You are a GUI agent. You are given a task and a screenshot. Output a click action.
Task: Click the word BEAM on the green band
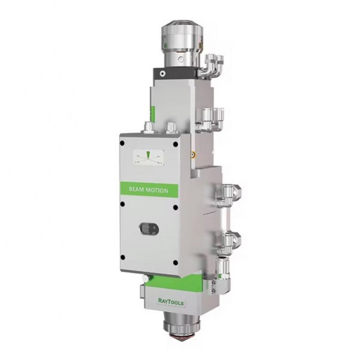tap(136, 189)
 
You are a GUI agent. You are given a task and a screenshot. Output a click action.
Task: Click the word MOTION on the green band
tap(157, 190)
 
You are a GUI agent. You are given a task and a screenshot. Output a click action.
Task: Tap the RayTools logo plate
tap(171, 301)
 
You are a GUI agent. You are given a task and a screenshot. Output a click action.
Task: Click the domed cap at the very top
tap(181, 26)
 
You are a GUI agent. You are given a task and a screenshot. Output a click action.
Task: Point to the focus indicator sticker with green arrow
tap(149, 157)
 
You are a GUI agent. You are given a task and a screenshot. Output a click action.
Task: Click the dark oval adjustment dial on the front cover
tap(149, 229)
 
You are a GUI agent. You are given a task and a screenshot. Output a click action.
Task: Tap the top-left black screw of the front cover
tap(122, 143)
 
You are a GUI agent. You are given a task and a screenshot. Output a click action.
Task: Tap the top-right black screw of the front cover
tap(175, 145)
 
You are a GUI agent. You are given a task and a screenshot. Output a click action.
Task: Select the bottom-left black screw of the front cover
tap(122, 257)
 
